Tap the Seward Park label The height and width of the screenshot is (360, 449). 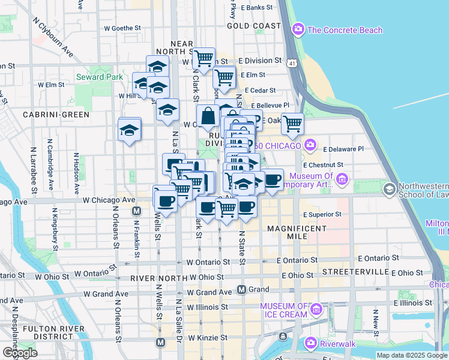coord(99,77)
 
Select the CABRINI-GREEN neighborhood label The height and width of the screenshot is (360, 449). coord(56,114)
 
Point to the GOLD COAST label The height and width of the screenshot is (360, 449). coord(255,26)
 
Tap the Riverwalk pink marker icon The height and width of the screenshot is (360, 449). coord(311,343)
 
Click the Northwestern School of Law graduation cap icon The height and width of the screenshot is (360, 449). coord(389,190)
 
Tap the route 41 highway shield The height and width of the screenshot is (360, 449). coord(291,62)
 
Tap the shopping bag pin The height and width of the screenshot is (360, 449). coord(208,116)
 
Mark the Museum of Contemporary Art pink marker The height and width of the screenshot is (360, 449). coord(342,179)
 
